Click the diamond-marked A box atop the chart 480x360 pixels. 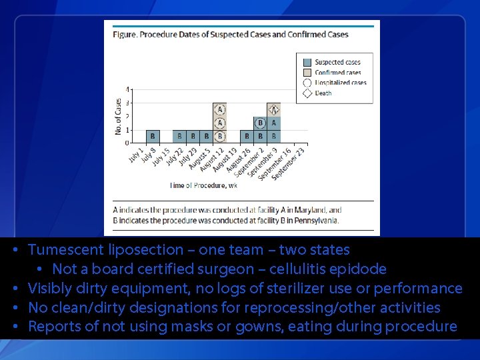tap(273, 109)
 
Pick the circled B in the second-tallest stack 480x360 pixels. tap(260, 123)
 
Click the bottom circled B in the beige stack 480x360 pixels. tap(219, 136)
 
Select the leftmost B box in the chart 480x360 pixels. tap(153, 136)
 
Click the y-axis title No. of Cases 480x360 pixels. tap(119, 117)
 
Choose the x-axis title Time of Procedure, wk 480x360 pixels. tap(203, 185)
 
